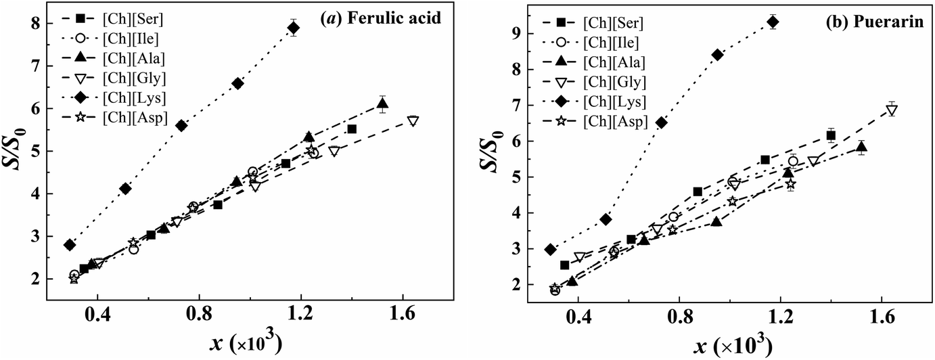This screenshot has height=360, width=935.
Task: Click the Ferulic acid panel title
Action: tap(380, 20)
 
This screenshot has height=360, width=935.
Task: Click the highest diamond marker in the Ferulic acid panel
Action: tap(294, 28)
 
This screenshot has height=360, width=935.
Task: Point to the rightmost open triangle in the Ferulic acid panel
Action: tap(413, 121)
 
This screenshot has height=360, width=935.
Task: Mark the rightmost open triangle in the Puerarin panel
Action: tap(892, 111)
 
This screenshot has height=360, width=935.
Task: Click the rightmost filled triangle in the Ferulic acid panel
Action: tap(382, 104)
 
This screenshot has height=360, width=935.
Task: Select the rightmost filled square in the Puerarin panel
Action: tap(831, 136)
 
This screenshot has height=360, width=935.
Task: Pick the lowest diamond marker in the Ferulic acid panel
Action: tap(69, 245)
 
